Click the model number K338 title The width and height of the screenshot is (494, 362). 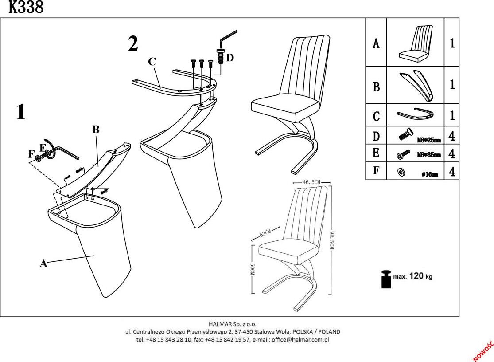[x=26, y=8]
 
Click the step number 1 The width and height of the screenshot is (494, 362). [x=20, y=112]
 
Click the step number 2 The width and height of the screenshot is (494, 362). [x=132, y=44]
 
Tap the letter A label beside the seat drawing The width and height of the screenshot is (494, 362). [x=43, y=263]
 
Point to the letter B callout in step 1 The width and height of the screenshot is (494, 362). [x=96, y=130]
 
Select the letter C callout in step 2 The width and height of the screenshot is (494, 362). [x=152, y=62]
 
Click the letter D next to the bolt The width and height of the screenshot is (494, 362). [x=229, y=58]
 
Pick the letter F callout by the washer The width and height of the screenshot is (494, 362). [x=31, y=154]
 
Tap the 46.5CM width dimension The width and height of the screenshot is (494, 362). [x=311, y=182]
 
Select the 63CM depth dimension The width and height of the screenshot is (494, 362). [x=266, y=233]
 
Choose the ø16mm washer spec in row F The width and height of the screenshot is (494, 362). [x=429, y=174]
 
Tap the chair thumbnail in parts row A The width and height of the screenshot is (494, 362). [x=415, y=43]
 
